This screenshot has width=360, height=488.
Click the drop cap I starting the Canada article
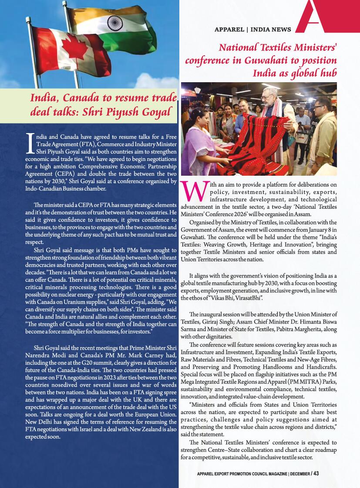point(30,143)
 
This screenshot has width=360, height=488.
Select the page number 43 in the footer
point(316,474)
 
